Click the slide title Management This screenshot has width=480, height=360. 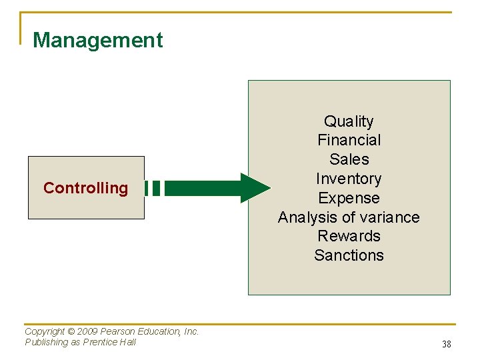(x=97, y=40)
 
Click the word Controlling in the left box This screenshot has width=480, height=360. (x=85, y=188)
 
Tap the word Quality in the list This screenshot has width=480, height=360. (x=349, y=121)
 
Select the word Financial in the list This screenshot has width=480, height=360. (x=349, y=140)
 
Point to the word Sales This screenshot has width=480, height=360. (x=349, y=159)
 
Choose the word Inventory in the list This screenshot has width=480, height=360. (x=349, y=179)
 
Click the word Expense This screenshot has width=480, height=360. (x=349, y=198)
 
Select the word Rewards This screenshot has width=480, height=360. (x=349, y=236)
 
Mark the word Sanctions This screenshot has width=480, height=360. (x=349, y=255)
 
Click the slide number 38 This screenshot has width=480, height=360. (x=447, y=345)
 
